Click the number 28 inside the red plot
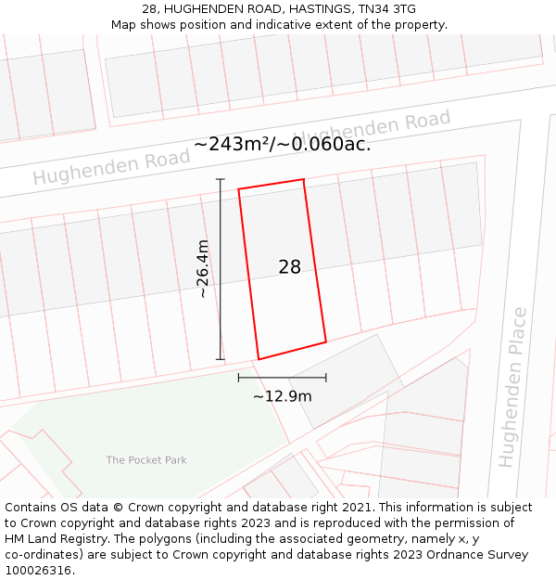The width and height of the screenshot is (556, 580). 289,267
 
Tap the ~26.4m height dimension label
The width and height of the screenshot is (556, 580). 204,269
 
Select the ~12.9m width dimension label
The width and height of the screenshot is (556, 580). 282,396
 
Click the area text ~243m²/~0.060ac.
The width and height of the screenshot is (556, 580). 282,144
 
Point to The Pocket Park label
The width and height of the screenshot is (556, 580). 146,460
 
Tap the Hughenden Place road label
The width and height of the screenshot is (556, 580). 512,387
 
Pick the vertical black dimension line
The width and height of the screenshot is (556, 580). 221,269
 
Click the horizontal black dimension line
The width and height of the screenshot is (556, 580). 282,378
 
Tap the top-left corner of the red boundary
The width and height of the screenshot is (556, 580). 239,189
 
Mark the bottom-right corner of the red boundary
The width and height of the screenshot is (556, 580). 325,342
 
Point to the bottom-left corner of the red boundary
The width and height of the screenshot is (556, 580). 259,359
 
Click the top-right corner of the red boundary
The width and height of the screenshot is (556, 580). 304,179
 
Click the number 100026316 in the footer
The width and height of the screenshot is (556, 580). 38,571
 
